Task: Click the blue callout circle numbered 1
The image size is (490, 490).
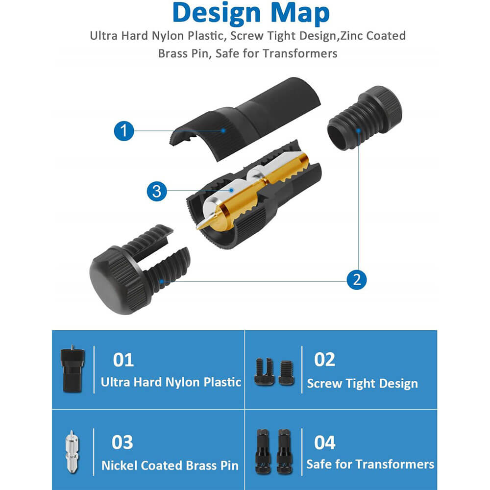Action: click(x=124, y=131)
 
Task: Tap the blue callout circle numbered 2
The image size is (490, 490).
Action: click(x=357, y=279)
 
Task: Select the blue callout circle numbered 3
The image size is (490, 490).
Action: click(x=157, y=191)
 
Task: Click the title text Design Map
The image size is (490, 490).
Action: click(x=251, y=13)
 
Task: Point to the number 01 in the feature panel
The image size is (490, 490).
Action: click(x=123, y=360)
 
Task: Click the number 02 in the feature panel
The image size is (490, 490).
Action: click(x=325, y=359)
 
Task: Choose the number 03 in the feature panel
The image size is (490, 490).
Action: click(x=122, y=442)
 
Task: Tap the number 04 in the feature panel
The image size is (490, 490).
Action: click(x=325, y=442)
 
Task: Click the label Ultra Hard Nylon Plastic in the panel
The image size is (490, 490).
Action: click(x=171, y=382)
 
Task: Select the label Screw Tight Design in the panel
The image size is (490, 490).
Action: click(x=363, y=384)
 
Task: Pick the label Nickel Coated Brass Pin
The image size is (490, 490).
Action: click(x=170, y=465)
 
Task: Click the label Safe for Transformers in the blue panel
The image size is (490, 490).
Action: click(x=370, y=464)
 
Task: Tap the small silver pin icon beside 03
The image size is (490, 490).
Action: click(x=72, y=452)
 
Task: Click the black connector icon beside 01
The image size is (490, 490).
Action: click(x=73, y=369)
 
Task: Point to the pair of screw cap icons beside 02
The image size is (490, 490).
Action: click(x=274, y=372)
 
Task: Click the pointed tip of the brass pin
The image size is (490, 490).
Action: click(x=198, y=228)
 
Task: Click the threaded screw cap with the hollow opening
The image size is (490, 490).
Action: click(x=365, y=118)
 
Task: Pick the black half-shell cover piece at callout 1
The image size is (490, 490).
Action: click(x=245, y=119)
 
